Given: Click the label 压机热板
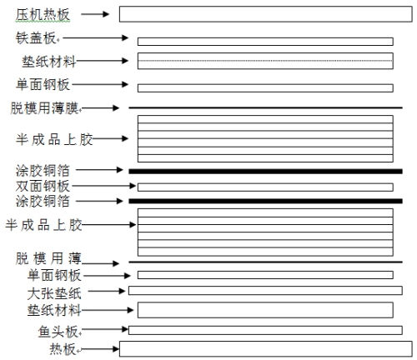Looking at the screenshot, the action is (x=43, y=15).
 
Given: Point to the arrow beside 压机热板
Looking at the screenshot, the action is (x=95, y=14).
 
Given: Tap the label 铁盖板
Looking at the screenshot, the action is (x=36, y=38).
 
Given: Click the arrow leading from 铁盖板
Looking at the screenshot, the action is (x=96, y=37).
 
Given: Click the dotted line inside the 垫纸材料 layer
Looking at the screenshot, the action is (x=265, y=61).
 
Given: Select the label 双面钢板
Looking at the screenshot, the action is (x=43, y=186).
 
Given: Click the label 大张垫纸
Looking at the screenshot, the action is (x=54, y=293).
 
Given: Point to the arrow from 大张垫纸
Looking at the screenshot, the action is (x=107, y=291).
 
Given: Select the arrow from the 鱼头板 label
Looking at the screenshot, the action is (x=105, y=329).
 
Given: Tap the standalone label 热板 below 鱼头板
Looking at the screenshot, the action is (x=63, y=349).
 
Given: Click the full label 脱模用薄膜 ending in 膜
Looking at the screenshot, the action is (x=44, y=108).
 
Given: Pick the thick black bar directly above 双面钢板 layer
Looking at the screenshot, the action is (x=265, y=172).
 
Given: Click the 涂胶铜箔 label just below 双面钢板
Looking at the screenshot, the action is (x=43, y=201).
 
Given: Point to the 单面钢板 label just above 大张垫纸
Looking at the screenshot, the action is (x=54, y=275).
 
